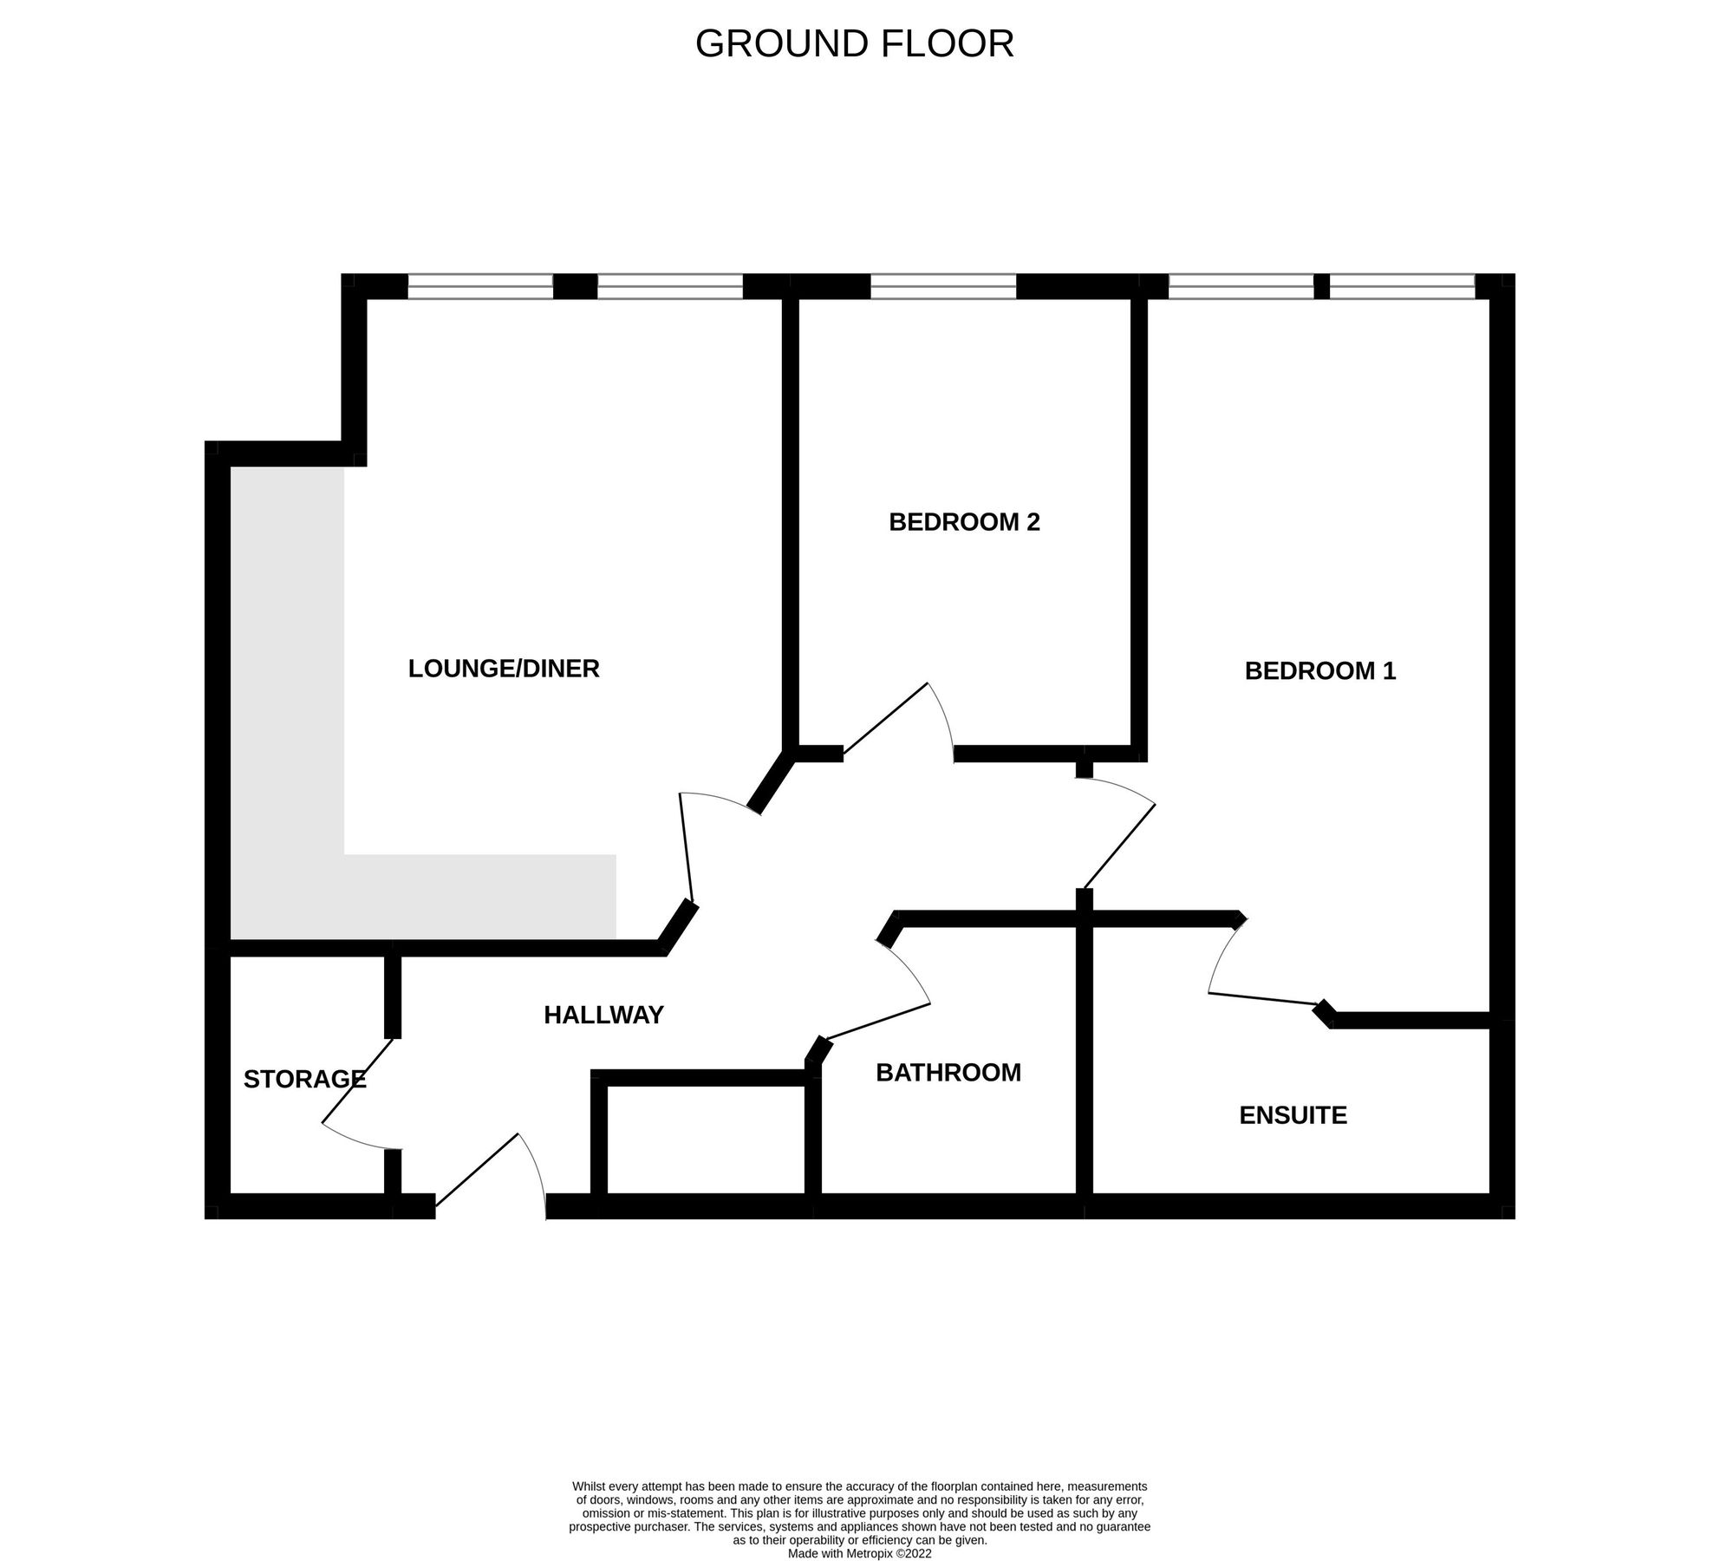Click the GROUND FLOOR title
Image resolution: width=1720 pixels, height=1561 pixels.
[x=854, y=44]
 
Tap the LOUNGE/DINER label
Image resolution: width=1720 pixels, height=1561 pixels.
[x=504, y=669]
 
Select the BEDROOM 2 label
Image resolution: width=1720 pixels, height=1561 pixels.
[x=964, y=522]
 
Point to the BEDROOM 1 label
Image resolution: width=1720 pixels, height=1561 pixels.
[x=1319, y=671]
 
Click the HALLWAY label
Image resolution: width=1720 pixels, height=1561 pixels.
[x=603, y=1015]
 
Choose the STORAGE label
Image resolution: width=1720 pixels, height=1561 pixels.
[x=304, y=1079]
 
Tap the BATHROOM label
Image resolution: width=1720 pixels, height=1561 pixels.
[x=948, y=1073]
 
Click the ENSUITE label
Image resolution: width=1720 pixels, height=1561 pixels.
[x=1293, y=1115]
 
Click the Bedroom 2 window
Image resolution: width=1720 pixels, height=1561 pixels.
[x=942, y=286]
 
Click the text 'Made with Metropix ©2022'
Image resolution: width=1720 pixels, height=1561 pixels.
[x=859, y=1554]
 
